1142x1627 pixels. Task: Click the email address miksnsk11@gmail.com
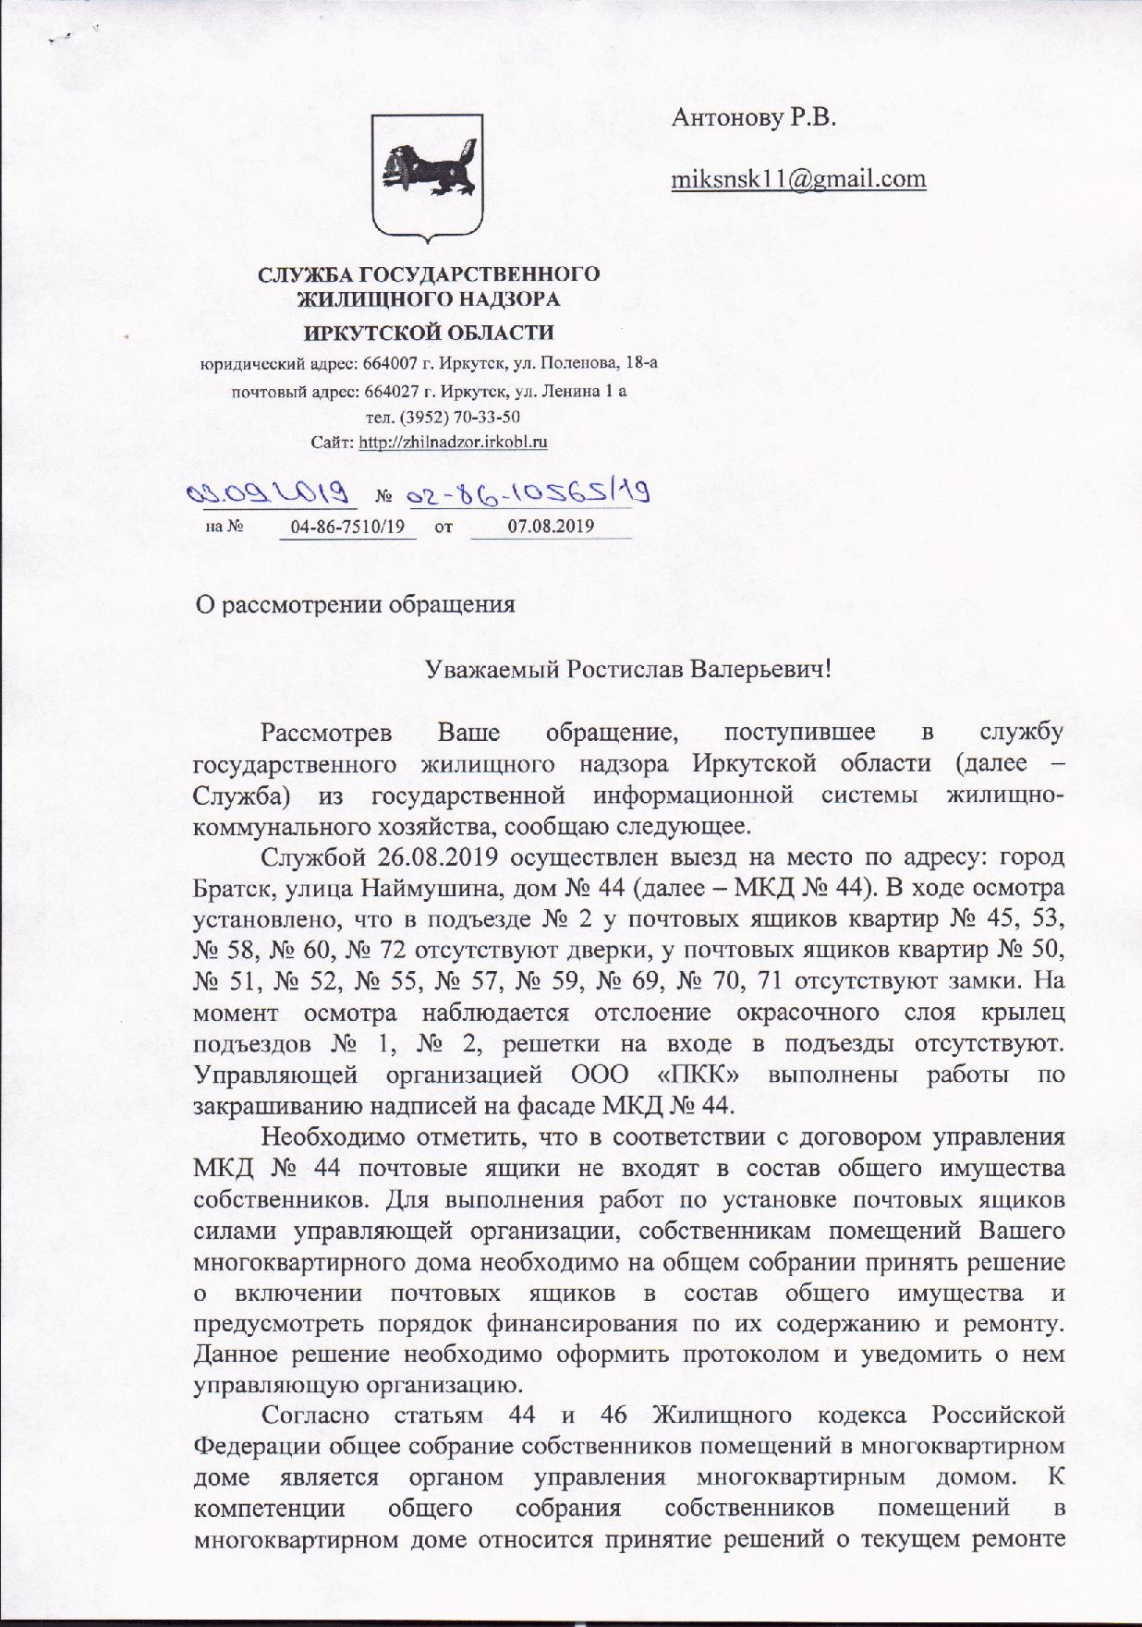pos(798,178)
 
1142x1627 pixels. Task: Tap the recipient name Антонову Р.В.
pos(754,118)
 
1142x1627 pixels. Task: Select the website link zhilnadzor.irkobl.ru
pos(453,442)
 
